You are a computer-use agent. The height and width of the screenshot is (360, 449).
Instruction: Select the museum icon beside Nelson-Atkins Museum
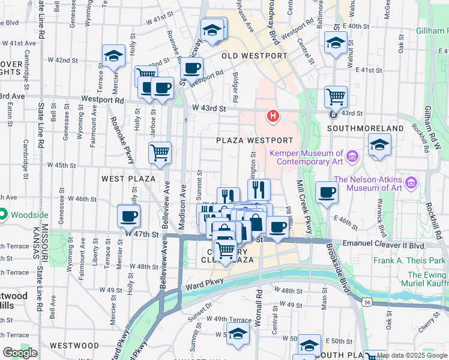click(x=411, y=182)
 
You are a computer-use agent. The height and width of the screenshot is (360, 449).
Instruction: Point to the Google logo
click(x=19, y=353)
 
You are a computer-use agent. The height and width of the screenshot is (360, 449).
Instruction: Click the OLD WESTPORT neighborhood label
click(x=255, y=56)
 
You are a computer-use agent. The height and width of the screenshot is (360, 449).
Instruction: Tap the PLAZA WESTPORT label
click(x=255, y=140)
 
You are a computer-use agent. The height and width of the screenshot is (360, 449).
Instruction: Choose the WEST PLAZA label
click(x=128, y=179)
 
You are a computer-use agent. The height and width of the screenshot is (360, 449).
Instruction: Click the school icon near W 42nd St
click(x=113, y=55)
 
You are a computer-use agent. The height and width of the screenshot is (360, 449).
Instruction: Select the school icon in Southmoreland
click(x=379, y=145)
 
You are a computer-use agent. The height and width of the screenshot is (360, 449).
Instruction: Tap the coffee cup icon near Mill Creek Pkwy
click(x=327, y=192)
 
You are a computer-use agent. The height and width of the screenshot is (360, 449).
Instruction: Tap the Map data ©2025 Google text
click(x=412, y=355)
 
